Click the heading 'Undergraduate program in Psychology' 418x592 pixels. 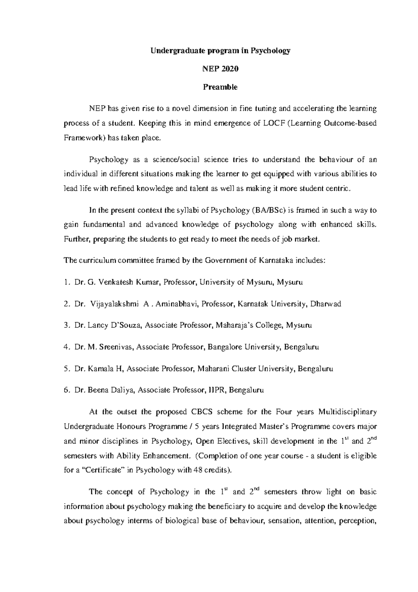click(x=220, y=51)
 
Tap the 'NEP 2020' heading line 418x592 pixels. click(x=220, y=69)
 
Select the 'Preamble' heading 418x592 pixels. click(x=220, y=87)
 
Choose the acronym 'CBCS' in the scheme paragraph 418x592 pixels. click(x=202, y=412)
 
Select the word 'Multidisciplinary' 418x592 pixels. click(x=348, y=412)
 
